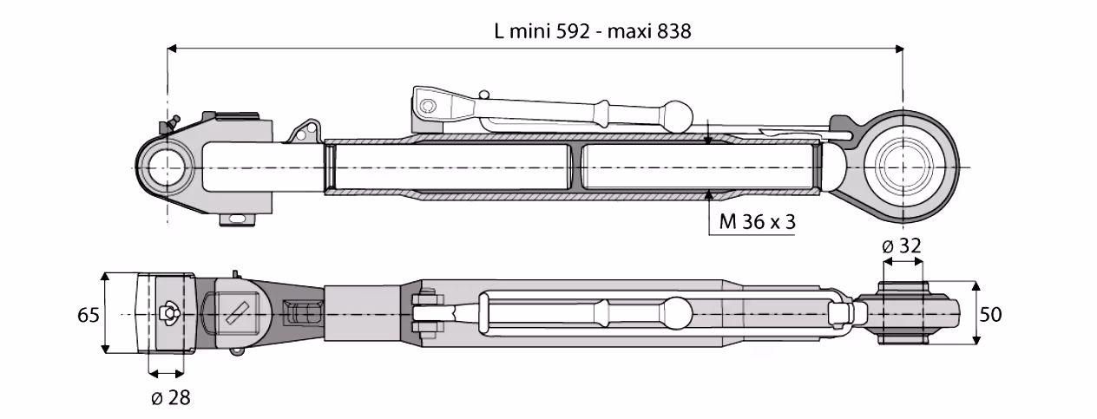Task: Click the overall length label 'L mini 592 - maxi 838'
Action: point(593,31)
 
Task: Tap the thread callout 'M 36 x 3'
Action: point(757,222)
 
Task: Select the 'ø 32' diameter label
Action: point(902,246)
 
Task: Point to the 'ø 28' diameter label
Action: point(171,397)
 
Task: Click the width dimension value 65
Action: point(89,315)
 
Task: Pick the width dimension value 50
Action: point(990,314)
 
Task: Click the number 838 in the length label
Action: point(673,31)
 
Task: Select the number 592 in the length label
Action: point(573,31)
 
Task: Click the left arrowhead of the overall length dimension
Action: point(172,49)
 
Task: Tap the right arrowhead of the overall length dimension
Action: point(899,49)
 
